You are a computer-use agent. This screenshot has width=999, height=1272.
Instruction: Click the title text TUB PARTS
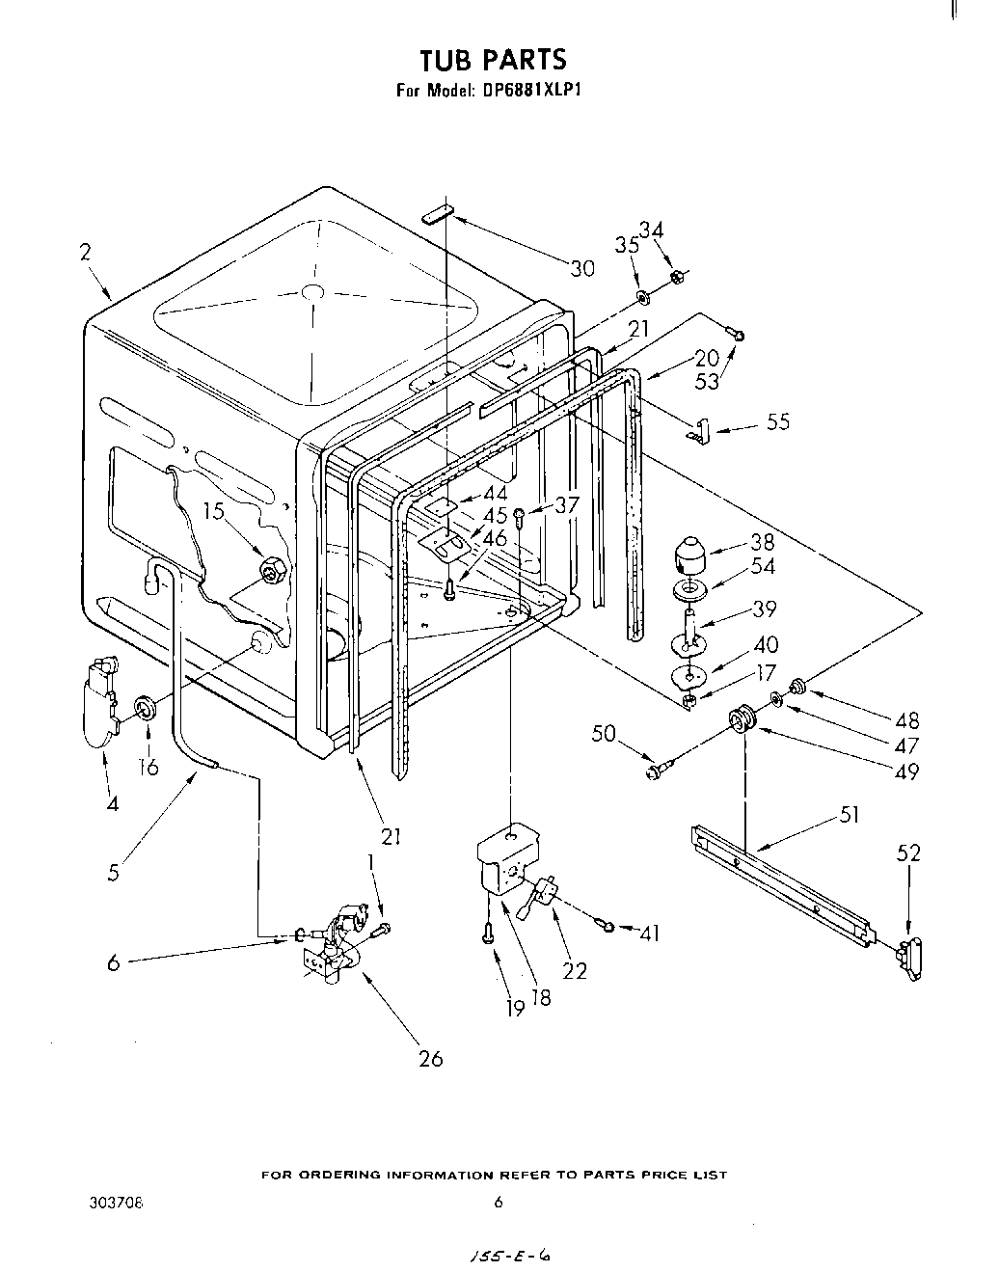tap(493, 61)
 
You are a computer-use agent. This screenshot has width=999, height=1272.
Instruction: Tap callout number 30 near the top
tap(582, 269)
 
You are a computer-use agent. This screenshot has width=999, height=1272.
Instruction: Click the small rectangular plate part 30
tap(436, 213)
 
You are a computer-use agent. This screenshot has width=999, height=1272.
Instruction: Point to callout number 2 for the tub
tap(86, 253)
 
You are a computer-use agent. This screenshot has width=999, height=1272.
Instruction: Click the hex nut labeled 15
tap(272, 572)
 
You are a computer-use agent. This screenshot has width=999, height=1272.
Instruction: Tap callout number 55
tap(777, 421)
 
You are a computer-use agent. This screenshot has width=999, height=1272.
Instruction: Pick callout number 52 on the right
tap(908, 853)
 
